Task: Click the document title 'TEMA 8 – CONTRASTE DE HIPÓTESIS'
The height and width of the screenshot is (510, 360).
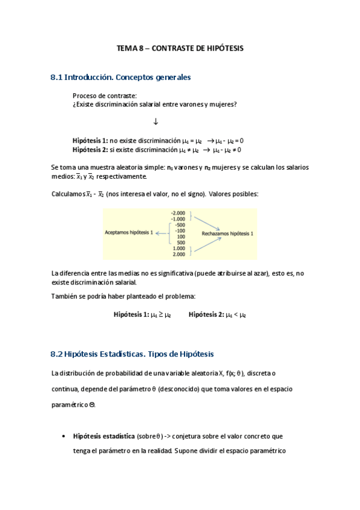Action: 180,48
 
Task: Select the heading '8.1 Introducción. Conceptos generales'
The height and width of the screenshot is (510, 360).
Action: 121,78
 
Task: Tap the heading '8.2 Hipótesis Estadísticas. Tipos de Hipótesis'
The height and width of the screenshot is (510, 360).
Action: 132,354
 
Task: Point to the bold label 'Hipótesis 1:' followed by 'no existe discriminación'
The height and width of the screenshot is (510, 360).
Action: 90,140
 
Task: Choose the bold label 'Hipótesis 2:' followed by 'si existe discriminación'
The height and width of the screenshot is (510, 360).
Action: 90,150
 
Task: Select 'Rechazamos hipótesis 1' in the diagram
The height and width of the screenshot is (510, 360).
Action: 227,232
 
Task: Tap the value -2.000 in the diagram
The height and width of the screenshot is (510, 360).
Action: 178,213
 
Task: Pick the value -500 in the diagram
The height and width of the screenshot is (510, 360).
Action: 180,225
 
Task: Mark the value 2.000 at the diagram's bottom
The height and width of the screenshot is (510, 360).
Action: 179,254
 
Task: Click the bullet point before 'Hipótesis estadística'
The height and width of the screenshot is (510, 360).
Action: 64,437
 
